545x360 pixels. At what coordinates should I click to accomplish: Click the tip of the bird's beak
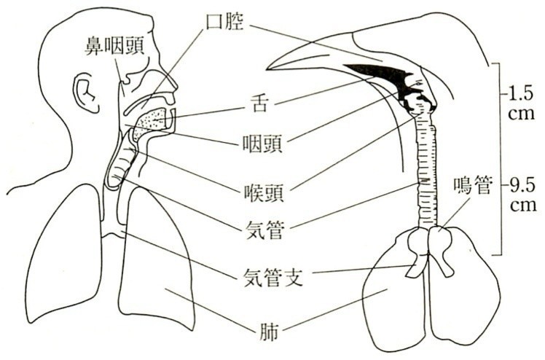268,68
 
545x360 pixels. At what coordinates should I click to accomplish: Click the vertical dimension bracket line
497,160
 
